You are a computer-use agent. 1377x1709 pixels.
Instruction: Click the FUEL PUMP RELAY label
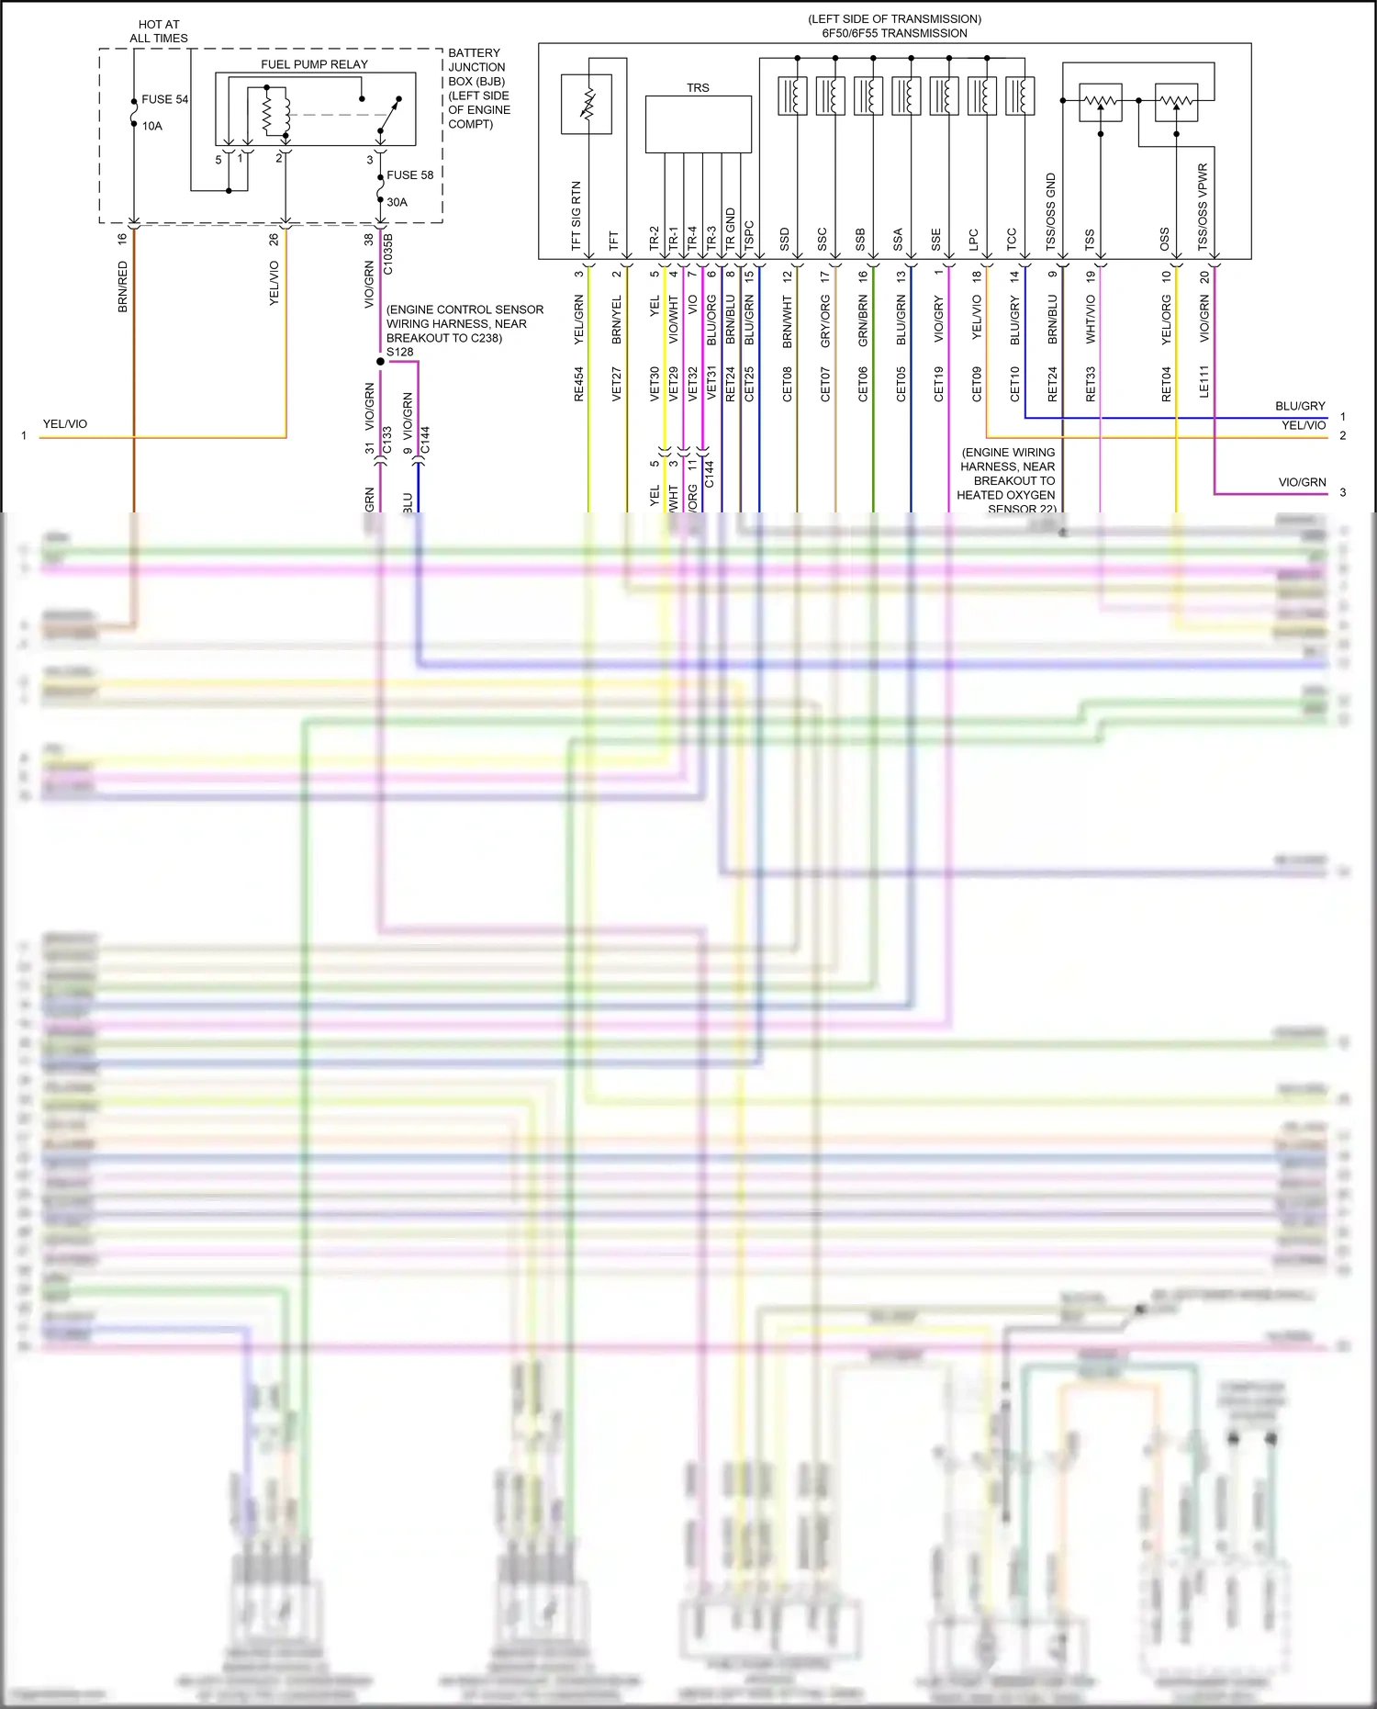click(x=314, y=64)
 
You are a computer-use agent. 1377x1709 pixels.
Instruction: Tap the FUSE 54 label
click(x=164, y=99)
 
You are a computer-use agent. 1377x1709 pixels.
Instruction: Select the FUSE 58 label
click(x=409, y=174)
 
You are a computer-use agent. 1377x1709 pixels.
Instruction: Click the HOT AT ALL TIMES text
click(x=159, y=31)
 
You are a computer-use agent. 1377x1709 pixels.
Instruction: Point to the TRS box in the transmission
click(x=698, y=124)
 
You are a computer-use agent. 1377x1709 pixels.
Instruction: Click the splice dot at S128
click(x=381, y=362)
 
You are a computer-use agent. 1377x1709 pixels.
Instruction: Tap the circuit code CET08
click(x=788, y=384)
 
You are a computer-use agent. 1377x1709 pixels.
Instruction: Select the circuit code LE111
click(x=1204, y=382)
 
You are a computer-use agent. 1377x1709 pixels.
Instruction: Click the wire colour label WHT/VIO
click(x=1091, y=319)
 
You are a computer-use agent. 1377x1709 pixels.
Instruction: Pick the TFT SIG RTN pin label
click(x=577, y=216)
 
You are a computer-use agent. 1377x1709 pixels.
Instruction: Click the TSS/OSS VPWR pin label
click(x=1203, y=207)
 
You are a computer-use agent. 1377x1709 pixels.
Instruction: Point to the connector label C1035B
click(x=388, y=254)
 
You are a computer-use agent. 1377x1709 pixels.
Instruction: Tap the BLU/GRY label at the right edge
click(x=1300, y=406)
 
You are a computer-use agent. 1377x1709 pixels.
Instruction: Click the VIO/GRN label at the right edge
click(x=1302, y=482)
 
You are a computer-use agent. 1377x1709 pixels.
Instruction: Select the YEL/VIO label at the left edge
click(x=65, y=424)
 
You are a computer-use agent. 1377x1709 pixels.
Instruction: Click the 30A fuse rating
click(x=397, y=202)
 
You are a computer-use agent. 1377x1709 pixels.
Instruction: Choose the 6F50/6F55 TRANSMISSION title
click(x=894, y=33)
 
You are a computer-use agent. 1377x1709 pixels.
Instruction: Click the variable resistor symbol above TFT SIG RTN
click(x=587, y=104)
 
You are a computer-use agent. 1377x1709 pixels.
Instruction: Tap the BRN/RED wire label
click(x=123, y=287)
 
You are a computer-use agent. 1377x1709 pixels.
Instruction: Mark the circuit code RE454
click(x=579, y=384)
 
